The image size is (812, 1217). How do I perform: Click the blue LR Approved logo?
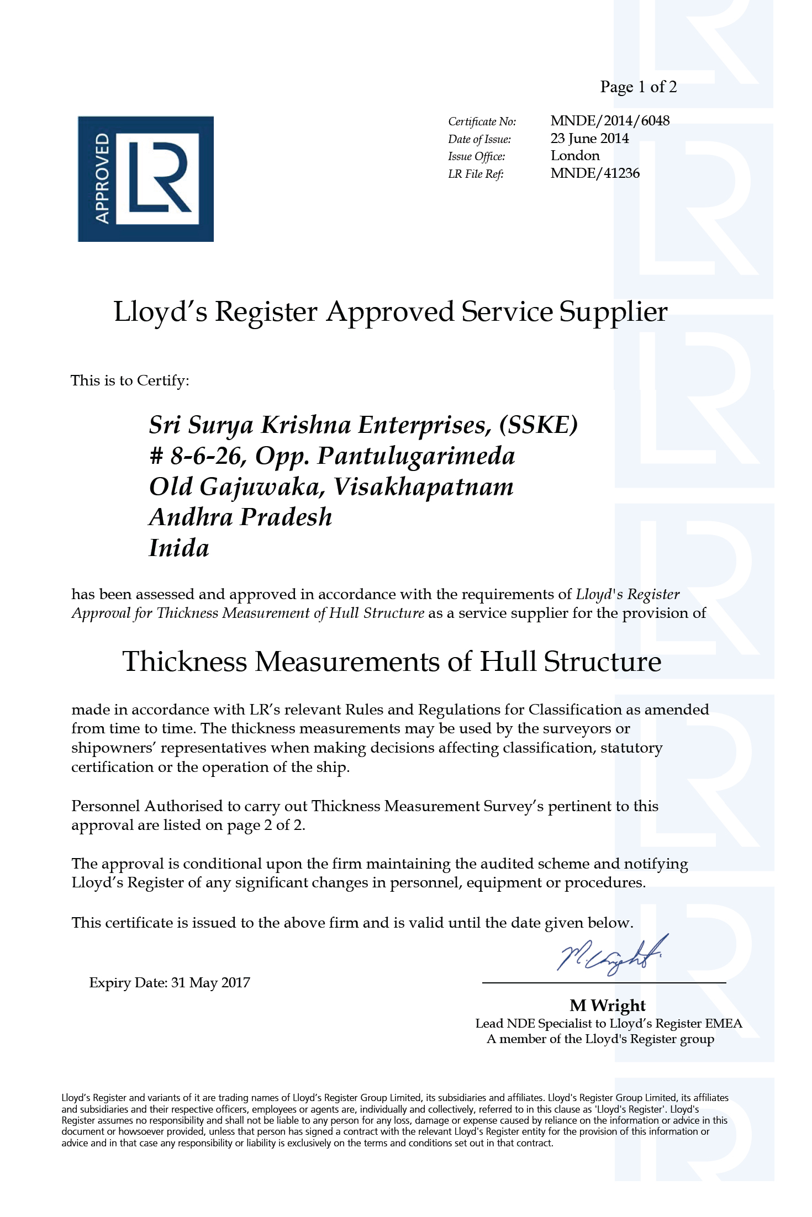(145, 178)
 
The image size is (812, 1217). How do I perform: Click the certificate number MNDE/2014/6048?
(610, 120)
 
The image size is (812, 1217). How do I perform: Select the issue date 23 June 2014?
(589, 138)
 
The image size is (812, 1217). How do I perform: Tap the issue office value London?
(575, 156)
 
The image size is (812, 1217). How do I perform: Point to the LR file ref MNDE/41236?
(595, 173)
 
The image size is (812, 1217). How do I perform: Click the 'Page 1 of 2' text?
(638, 87)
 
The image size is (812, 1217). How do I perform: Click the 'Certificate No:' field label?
(482, 121)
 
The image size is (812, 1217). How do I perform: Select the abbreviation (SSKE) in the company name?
(538, 425)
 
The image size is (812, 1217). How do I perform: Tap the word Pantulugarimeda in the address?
(416, 456)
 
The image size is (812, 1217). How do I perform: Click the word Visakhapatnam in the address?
(423, 487)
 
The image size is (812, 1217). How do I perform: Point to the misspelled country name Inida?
(179, 548)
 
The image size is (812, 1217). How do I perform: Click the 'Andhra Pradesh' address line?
(240, 517)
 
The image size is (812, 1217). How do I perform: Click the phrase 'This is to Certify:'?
(130, 380)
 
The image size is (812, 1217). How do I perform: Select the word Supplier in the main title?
(613, 313)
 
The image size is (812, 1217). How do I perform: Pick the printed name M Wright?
(607, 1006)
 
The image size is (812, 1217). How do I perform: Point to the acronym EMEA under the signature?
(724, 1024)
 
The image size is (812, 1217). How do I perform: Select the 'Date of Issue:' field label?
(479, 139)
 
